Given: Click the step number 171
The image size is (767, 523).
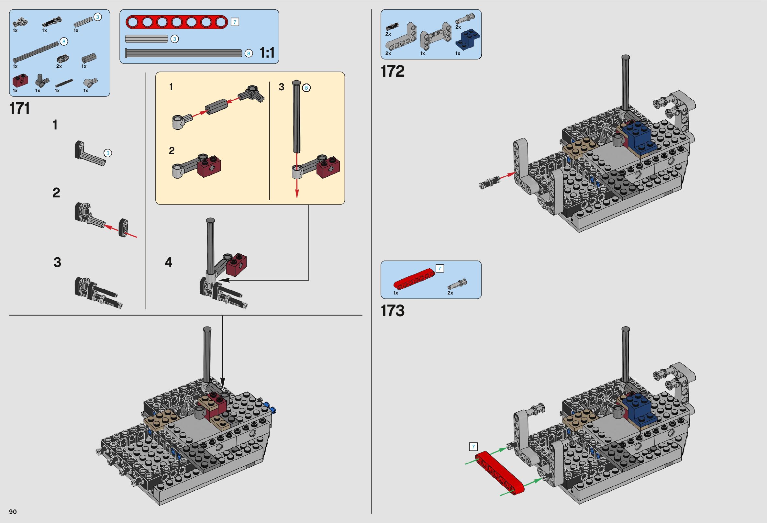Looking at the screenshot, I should click(x=20, y=108).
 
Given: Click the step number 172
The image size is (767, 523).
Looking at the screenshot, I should click(x=393, y=71).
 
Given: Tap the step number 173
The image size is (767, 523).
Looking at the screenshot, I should click(x=393, y=311).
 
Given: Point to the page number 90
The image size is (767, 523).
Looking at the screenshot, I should click(x=13, y=511).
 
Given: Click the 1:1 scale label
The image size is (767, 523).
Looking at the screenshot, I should click(x=267, y=53).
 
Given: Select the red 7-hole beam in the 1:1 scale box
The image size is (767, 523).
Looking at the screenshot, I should click(x=177, y=22).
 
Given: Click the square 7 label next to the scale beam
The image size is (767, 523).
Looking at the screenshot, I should click(x=235, y=22).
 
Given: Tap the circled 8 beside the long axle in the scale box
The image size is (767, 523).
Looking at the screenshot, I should click(x=249, y=53).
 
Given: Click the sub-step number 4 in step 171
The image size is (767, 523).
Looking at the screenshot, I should click(x=168, y=262).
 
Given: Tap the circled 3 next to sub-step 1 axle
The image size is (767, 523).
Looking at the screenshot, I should click(x=107, y=153).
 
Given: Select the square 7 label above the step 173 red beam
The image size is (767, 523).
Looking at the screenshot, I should click(x=473, y=447).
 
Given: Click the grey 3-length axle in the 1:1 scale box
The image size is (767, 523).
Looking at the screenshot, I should click(x=147, y=39).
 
